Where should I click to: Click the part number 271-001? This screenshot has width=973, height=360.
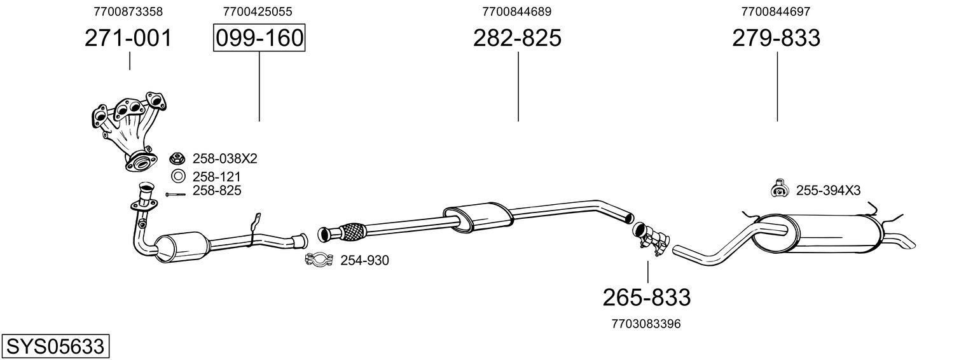tap(128, 38)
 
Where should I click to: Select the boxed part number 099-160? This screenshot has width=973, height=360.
tap(259, 38)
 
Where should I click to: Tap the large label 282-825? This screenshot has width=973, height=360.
tap(517, 38)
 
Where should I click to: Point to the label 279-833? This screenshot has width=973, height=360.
tap(776, 38)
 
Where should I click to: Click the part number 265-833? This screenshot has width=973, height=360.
tap(646, 297)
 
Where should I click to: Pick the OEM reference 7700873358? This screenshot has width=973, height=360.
tap(128, 11)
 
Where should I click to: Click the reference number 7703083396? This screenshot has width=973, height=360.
tap(646, 324)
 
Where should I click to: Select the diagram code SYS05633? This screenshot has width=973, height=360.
tap(55, 347)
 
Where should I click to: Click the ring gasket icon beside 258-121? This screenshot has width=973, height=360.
tap(179, 177)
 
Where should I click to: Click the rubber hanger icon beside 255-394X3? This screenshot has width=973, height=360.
tap(778, 189)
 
